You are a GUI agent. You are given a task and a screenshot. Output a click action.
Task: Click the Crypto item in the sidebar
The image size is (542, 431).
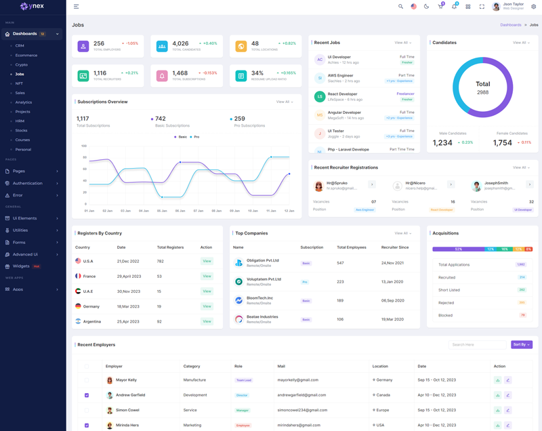[x=22, y=64]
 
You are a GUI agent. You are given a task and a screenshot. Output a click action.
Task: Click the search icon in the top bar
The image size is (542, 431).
[x=400, y=7]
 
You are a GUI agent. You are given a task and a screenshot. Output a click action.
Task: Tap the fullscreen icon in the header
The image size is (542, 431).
[x=482, y=7]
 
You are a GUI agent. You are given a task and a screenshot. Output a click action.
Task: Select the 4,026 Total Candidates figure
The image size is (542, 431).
[x=180, y=43]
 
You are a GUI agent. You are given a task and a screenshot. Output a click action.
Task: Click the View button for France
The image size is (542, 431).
[x=207, y=276]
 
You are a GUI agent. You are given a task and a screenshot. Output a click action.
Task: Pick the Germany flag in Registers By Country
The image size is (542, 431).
[x=78, y=306]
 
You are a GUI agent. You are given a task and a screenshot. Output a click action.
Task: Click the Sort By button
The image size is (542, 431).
[x=521, y=344]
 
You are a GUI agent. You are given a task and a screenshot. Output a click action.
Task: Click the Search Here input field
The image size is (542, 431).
[x=477, y=344]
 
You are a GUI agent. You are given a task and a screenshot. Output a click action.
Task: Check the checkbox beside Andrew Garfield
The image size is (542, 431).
[x=87, y=395]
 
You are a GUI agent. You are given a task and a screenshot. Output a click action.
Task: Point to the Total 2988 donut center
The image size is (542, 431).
[x=482, y=87]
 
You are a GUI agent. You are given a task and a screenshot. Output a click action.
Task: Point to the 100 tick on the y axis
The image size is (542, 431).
[x=84, y=146]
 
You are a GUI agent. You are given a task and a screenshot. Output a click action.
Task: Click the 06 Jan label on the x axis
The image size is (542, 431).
[x=180, y=211]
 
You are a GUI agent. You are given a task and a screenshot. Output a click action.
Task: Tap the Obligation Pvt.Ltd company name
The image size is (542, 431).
[x=262, y=260]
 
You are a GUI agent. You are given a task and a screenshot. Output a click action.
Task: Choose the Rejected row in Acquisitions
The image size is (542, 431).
[x=446, y=302]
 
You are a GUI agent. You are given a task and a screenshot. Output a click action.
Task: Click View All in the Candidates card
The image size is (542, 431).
[x=521, y=43]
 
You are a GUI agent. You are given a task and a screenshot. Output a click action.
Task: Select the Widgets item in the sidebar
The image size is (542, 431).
[x=21, y=266]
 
